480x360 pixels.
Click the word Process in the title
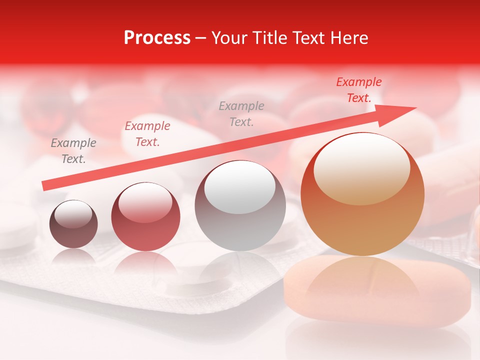coord(157,38)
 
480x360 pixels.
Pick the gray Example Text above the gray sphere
coord(241,113)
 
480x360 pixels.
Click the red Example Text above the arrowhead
coord(358,90)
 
